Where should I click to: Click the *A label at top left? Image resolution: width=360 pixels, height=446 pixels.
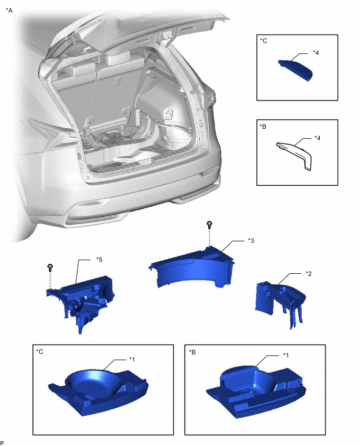point(9,9)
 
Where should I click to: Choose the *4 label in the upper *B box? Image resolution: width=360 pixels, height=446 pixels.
point(318,138)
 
